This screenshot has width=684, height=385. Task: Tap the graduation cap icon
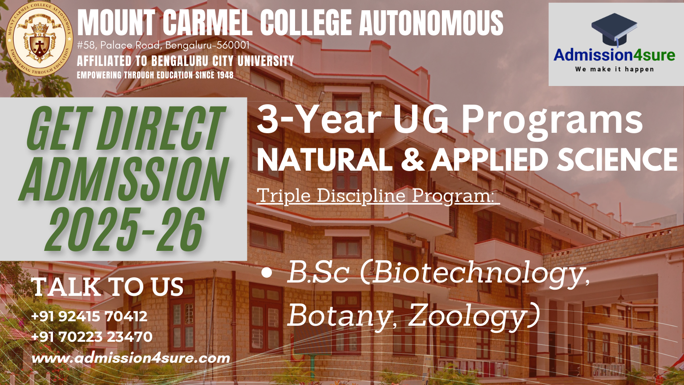[x=614, y=29]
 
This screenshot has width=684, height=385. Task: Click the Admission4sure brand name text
[x=614, y=55]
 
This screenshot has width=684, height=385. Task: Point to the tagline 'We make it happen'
[x=614, y=69]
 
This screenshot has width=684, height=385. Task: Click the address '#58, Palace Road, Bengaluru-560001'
[x=163, y=45]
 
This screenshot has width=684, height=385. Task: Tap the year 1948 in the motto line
[x=225, y=75]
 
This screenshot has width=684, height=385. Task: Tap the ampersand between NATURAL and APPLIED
[x=412, y=160]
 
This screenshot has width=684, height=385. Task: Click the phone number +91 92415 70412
[x=89, y=316]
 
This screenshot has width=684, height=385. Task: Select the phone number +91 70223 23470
[x=92, y=337]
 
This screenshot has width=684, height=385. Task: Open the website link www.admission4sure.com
[x=130, y=358]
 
